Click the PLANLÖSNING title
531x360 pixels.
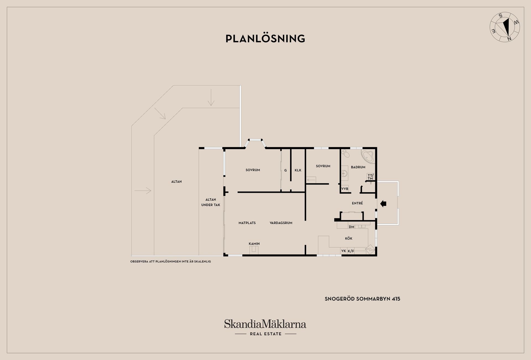[x=265, y=38]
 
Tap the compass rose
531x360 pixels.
[x=505, y=27]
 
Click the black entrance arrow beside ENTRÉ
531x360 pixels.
[x=383, y=204]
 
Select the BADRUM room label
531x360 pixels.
[x=358, y=167]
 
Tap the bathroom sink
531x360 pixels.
[x=344, y=173]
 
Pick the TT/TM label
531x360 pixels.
[x=370, y=177]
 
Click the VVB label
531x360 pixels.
[x=345, y=189]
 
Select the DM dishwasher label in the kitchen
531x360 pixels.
[x=352, y=227]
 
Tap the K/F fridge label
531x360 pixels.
[x=351, y=251]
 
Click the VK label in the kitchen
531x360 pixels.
[x=343, y=251]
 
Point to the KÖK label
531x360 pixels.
[x=348, y=238]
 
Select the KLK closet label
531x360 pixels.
[x=298, y=170]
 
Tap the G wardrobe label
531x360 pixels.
[x=285, y=170]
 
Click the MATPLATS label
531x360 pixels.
[x=247, y=223]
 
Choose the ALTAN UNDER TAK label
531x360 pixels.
[x=211, y=202]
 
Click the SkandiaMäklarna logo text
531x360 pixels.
[x=265, y=324]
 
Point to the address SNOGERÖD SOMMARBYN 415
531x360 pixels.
[x=362, y=299]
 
